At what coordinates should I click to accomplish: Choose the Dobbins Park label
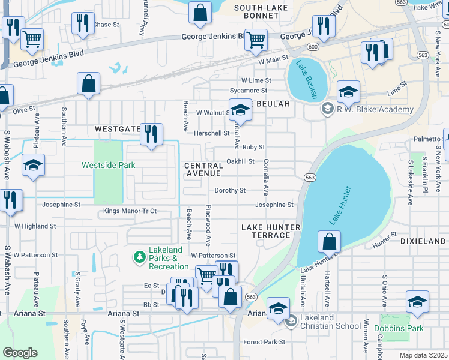pos(399,328)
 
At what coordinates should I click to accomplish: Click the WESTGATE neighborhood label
pos(117,129)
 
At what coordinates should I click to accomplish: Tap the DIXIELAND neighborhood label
pos(425,241)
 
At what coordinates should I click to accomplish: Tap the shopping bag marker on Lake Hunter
pos(329,242)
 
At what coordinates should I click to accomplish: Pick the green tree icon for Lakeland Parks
pos(139,257)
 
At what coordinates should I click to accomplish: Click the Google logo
pos(20,353)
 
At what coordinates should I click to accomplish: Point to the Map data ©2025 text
pos(423,355)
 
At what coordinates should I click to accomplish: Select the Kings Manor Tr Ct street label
pos(130,211)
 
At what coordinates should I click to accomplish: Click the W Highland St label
pos(35,226)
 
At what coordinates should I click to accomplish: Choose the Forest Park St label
pos(264,342)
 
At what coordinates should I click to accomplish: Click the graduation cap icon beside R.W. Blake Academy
pos(327,108)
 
